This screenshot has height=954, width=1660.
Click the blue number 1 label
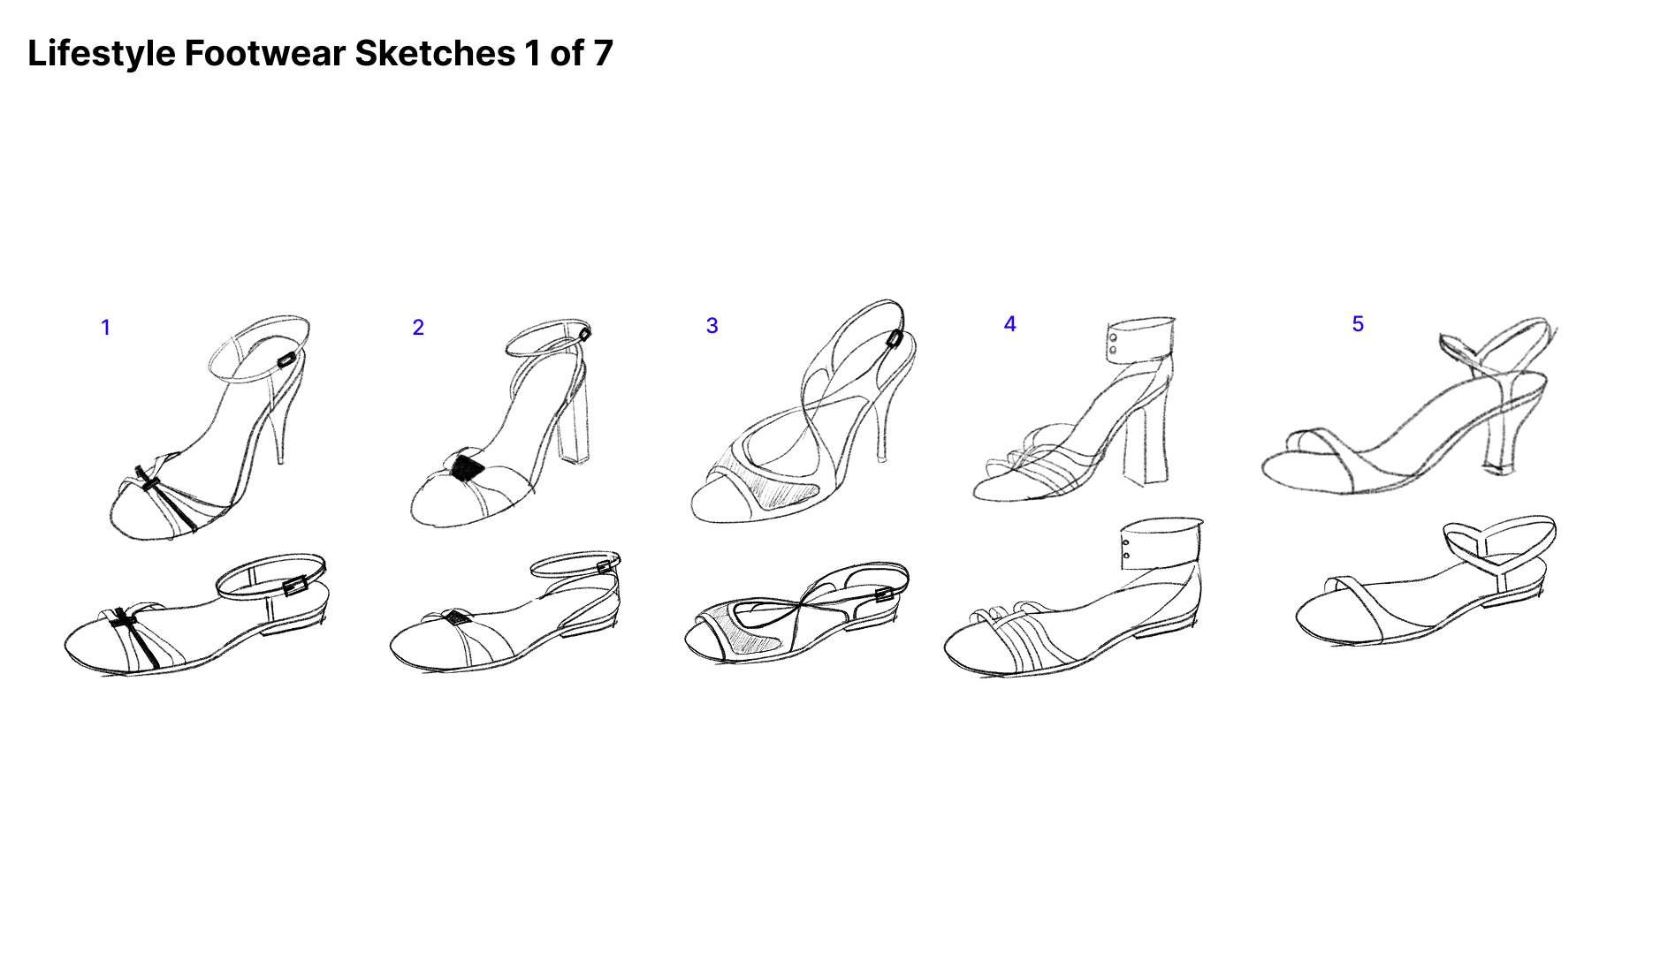[106, 328]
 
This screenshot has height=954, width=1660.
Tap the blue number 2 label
[418, 328]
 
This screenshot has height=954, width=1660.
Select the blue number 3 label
[712, 326]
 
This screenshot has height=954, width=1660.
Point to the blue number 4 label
[1009, 324]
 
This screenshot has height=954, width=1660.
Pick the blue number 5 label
[1358, 324]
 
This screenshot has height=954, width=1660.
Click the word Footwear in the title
[264, 54]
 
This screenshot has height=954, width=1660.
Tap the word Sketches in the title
[435, 54]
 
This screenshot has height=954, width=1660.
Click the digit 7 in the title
[603, 54]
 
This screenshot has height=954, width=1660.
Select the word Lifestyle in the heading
[102, 55]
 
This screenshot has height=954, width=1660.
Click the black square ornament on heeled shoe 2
[466, 467]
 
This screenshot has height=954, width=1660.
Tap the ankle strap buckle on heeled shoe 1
[286, 360]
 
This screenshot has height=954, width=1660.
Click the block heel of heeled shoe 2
[574, 424]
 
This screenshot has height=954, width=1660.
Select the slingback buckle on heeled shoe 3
[894, 338]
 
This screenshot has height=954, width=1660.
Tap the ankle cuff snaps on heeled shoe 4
[1113, 344]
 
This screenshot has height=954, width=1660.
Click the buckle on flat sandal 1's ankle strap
[295, 584]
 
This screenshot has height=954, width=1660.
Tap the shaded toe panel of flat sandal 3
[751, 627]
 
